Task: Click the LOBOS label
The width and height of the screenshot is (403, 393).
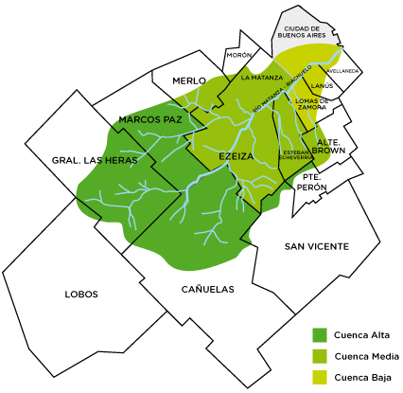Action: click(x=81, y=294)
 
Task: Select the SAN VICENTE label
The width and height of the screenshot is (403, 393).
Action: click(x=317, y=246)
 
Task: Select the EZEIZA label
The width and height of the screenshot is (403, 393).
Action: click(x=237, y=154)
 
